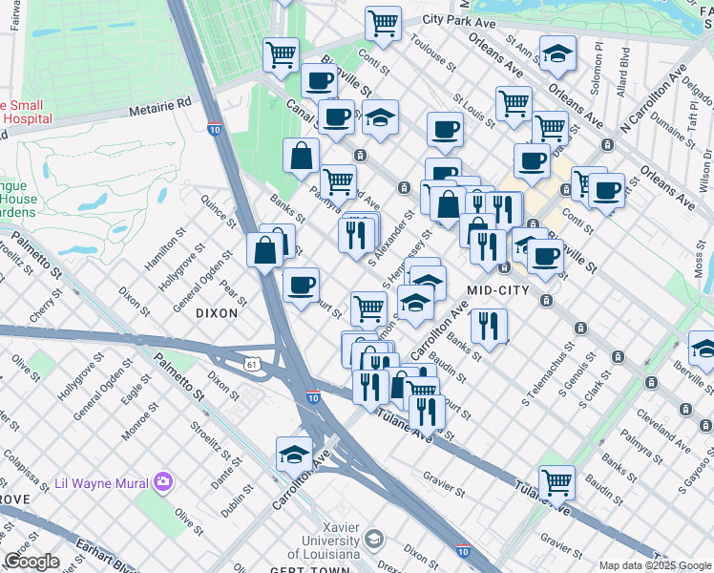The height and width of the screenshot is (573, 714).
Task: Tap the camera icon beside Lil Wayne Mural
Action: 162,479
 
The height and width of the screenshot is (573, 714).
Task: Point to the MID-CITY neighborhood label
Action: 493,289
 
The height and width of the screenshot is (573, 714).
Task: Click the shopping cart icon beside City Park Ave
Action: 383,23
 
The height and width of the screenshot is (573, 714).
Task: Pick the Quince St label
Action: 219,210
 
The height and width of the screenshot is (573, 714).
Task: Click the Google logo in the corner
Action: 31,562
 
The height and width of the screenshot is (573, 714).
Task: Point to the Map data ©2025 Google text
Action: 654,565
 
